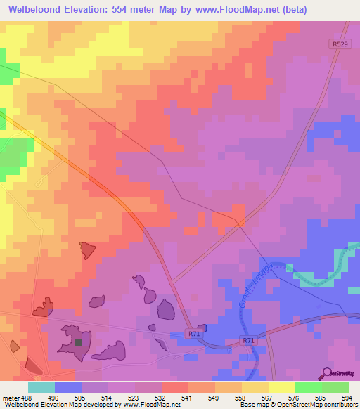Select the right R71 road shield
pyautogui.click(x=248, y=341)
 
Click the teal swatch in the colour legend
pyautogui.click(x=41, y=387)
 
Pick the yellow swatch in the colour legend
pyautogui.click(x=281, y=387)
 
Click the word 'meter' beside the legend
pyautogui.click(x=10, y=397)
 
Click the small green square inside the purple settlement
pyautogui.click(x=79, y=343)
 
